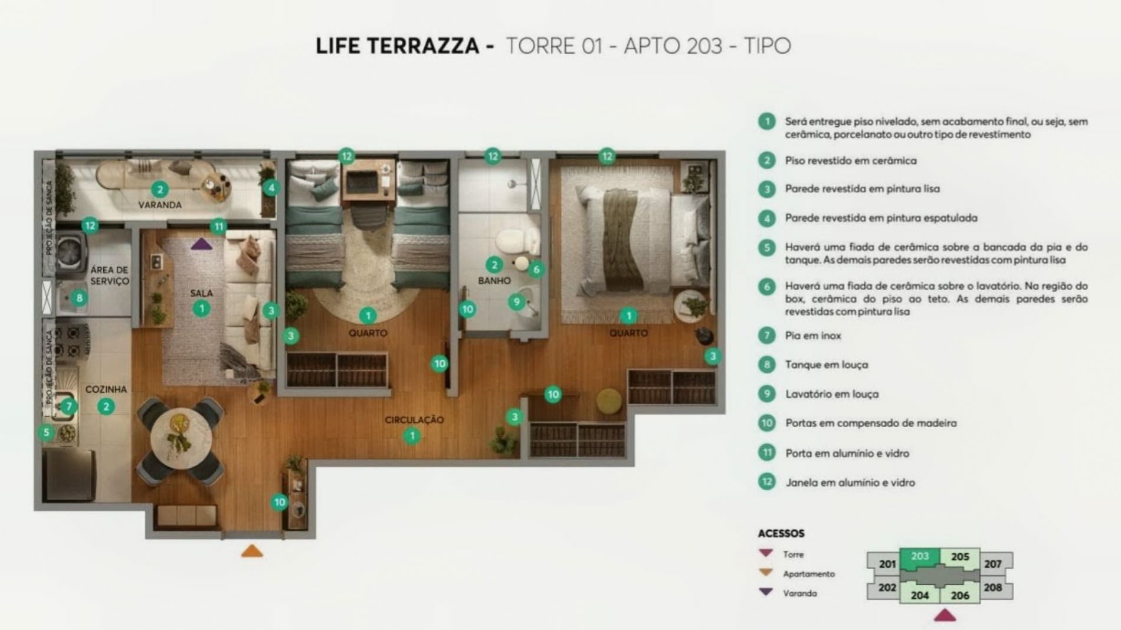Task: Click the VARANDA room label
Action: coord(160,205)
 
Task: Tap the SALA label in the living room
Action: coord(201,293)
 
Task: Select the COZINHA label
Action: coord(106,389)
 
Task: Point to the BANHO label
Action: coord(494,281)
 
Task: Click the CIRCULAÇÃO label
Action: coord(414,420)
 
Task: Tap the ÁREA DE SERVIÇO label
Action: coord(110,275)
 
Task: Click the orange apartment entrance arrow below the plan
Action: coord(252,551)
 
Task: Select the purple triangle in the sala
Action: coord(201,244)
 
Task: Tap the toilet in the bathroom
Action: coord(511,242)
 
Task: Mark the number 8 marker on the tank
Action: coord(80,298)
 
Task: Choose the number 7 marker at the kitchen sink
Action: coord(69,406)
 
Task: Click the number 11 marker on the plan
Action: coord(219,227)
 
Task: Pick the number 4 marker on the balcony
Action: coord(271,188)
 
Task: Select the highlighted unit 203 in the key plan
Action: coord(920,558)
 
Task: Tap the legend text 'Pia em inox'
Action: coord(813,336)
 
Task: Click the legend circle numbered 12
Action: coord(766,482)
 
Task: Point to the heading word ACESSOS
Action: coord(781,533)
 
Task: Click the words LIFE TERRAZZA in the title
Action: coord(398,46)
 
